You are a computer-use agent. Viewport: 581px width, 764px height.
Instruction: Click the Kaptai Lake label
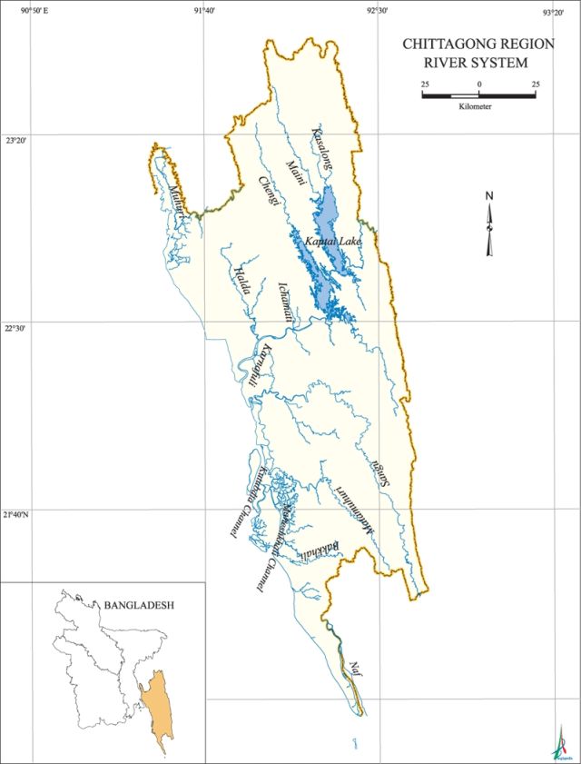(333, 243)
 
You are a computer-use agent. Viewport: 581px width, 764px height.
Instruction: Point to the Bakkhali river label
(323, 549)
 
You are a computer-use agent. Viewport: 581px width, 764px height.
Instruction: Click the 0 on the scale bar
(479, 84)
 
